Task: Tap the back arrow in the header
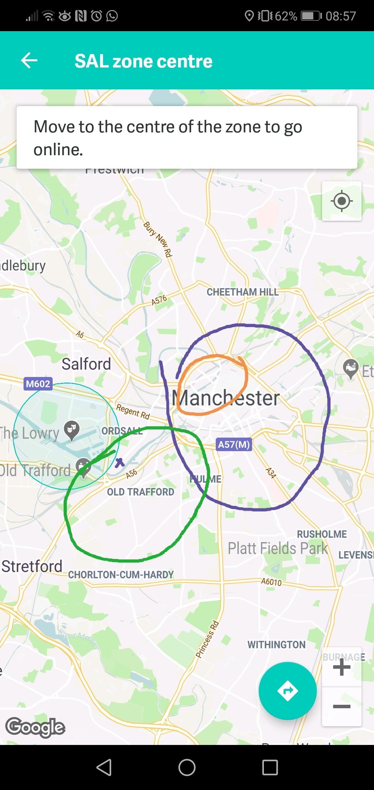pyautogui.click(x=29, y=61)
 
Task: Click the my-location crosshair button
pyautogui.click(x=341, y=201)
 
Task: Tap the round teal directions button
pyautogui.click(x=287, y=691)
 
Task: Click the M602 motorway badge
pyautogui.click(x=38, y=384)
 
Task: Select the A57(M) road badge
pyautogui.click(x=234, y=444)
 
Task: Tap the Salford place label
pyautogui.click(x=86, y=364)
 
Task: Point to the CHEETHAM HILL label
pyautogui.click(x=242, y=292)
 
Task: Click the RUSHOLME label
pyautogui.click(x=322, y=534)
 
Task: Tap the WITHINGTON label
pyautogui.click(x=276, y=644)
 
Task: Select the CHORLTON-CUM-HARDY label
pyautogui.click(x=121, y=575)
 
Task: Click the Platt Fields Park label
pyautogui.click(x=277, y=548)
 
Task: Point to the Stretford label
pyautogui.click(x=32, y=566)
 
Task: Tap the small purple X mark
pyautogui.click(x=120, y=462)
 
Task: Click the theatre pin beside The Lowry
pyautogui.click(x=72, y=430)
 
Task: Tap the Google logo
pyautogui.click(x=35, y=727)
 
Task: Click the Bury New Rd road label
pyautogui.click(x=158, y=239)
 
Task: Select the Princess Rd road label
pyautogui.click(x=207, y=640)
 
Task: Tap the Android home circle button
pyautogui.click(x=187, y=767)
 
